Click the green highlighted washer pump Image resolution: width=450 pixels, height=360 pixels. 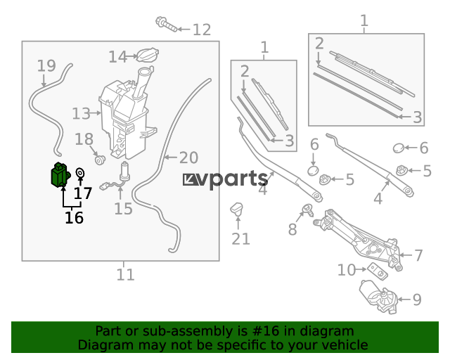(x=60, y=175)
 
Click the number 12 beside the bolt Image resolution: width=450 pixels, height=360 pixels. (x=202, y=30)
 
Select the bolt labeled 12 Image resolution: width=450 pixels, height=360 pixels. (x=167, y=25)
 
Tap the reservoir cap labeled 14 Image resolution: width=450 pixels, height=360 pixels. (x=148, y=55)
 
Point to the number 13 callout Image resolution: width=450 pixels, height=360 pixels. (x=82, y=114)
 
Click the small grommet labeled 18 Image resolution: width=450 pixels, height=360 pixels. (x=100, y=160)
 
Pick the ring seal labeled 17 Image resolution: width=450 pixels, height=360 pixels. (x=80, y=173)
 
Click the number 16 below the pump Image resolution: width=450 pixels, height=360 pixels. (x=74, y=217)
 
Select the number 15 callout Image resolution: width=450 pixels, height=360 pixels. (x=124, y=209)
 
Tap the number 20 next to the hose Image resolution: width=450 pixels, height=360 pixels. (x=189, y=157)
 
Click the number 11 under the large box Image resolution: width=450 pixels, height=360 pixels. (x=125, y=275)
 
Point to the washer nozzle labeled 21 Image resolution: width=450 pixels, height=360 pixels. (x=237, y=208)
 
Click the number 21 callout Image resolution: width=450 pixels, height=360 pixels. (x=240, y=239)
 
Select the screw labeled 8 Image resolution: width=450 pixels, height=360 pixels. (x=309, y=210)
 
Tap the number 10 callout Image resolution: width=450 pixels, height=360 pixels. (x=347, y=270)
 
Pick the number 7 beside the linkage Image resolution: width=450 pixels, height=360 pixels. (x=419, y=255)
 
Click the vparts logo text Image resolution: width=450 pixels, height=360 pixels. (x=226, y=179)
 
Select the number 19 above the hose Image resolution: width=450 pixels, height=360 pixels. (x=46, y=65)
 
